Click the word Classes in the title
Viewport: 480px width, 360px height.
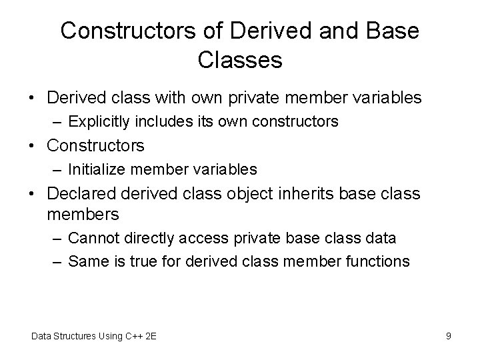point(240,61)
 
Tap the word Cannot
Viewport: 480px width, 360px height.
point(93,238)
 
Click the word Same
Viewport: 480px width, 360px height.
point(87,261)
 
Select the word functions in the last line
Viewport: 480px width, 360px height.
point(377,261)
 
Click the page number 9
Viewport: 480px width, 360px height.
point(449,336)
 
